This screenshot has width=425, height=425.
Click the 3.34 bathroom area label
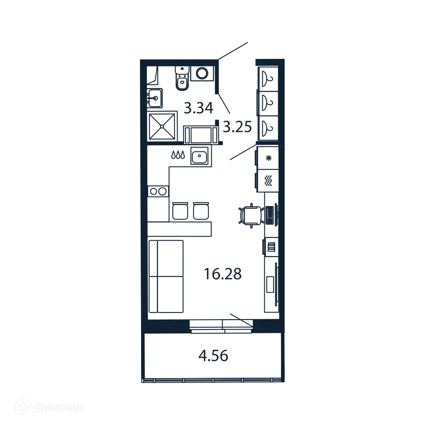(x=198, y=108)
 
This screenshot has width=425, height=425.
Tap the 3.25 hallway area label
(x=237, y=126)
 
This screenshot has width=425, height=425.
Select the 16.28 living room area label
(x=223, y=274)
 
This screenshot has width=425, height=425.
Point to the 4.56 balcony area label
(x=212, y=355)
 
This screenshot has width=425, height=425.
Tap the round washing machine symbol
(x=202, y=73)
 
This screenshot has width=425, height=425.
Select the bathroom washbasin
(x=155, y=98)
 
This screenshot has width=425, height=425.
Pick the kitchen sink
(x=200, y=156)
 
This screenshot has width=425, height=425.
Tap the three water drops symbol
(x=178, y=155)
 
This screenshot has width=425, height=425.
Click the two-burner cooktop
(x=158, y=191)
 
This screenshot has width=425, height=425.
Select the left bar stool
(x=180, y=211)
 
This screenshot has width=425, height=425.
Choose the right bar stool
(x=200, y=211)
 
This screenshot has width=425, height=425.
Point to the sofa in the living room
(x=166, y=276)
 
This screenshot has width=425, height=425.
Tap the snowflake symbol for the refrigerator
(x=268, y=158)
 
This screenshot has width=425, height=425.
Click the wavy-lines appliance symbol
(x=269, y=181)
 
